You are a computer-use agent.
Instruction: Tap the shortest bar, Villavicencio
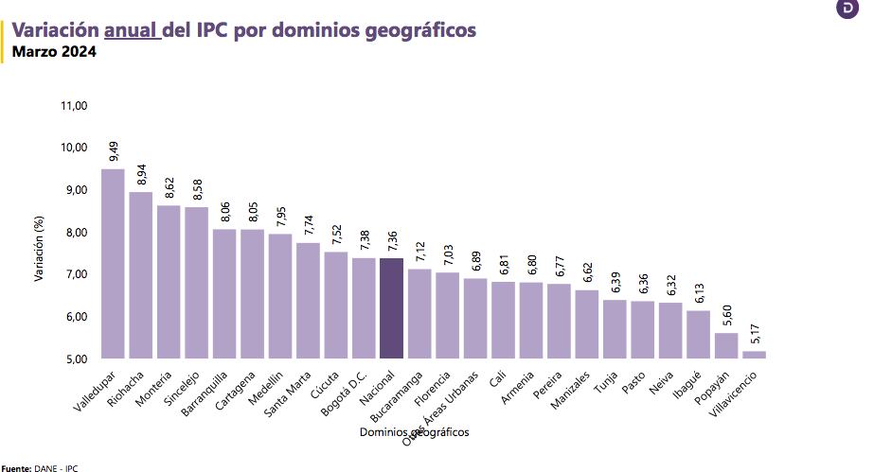click(x=754, y=355)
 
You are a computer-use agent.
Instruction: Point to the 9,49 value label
click(x=114, y=151)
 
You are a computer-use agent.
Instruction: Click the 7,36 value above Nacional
click(x=392, y=240)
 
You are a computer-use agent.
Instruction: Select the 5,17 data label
click(x=755, y=334)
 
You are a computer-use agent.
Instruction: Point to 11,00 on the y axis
click(x=74, y=106)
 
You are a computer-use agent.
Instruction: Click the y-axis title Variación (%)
click(x=40, y=248)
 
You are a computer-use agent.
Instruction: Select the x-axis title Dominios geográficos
click(x=415, y=432)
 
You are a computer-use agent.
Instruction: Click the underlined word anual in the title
click(x=132, y=30)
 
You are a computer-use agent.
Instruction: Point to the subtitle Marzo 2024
click(x=53, y=52)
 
